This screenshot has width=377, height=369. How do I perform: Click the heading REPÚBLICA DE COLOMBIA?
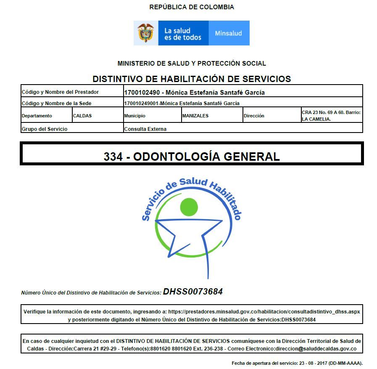pos(192,7)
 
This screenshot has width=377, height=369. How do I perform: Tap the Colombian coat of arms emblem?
pos(146,33)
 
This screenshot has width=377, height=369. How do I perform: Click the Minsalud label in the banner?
pos(228,33)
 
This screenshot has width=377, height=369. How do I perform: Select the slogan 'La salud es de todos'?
pos(183,34)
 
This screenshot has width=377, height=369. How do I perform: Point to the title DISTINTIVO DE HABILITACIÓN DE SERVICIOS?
pos(192,79)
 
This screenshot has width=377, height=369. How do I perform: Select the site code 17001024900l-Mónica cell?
pos(182,103)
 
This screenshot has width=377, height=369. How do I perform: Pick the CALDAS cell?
pos(82,116)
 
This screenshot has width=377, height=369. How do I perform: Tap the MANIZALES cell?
pos(195,116)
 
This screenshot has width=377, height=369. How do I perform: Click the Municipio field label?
pos(134,116)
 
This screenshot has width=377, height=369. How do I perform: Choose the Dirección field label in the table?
pos(254,116)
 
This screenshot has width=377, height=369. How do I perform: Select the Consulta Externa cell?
pos(145,129)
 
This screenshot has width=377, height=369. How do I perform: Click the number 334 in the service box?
pos(113,157)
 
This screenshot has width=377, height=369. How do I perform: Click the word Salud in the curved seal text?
pos(193,182)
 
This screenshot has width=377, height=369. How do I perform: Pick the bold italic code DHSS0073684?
pos(193,292)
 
